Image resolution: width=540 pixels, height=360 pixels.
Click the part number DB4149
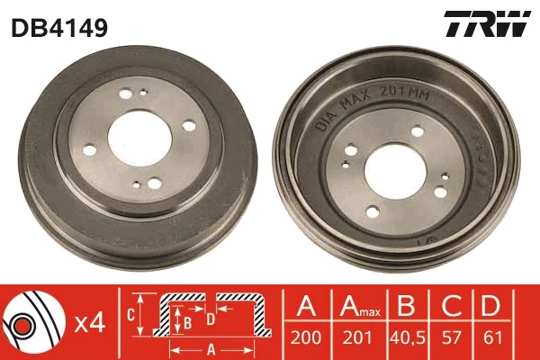tap(58, 28)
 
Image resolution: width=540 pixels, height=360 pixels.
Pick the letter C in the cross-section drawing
tap(131, 313)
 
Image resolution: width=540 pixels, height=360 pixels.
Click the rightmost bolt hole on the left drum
tap(189, 126)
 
